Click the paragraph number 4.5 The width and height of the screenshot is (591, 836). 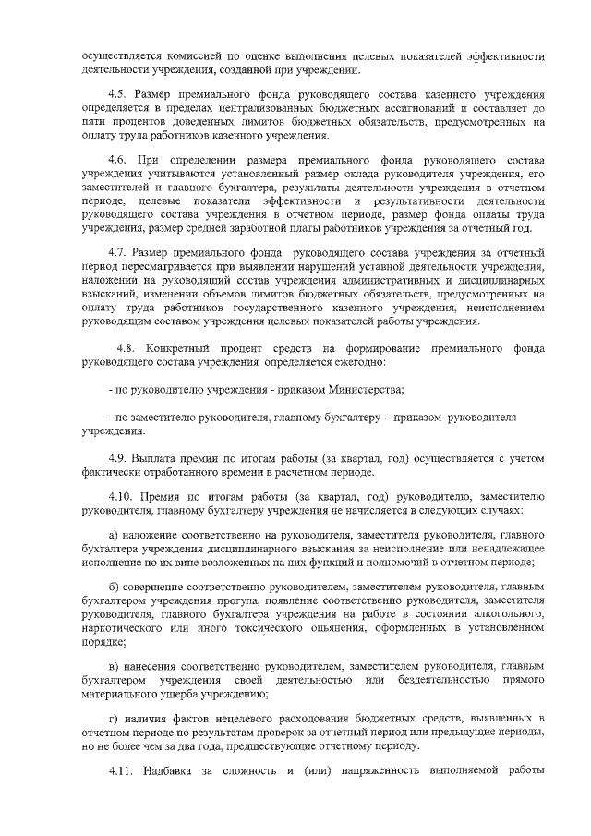tap(117, 96)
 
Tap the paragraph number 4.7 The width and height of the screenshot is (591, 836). tap(117, 252)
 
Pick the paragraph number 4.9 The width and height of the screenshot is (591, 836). tap(118, 459)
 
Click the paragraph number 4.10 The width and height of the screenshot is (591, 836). tap(121, 496)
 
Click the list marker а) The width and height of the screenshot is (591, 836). tap(114, 536)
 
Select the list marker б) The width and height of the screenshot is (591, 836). tap(114, 588)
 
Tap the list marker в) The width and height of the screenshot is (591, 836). tap(114, 665)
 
